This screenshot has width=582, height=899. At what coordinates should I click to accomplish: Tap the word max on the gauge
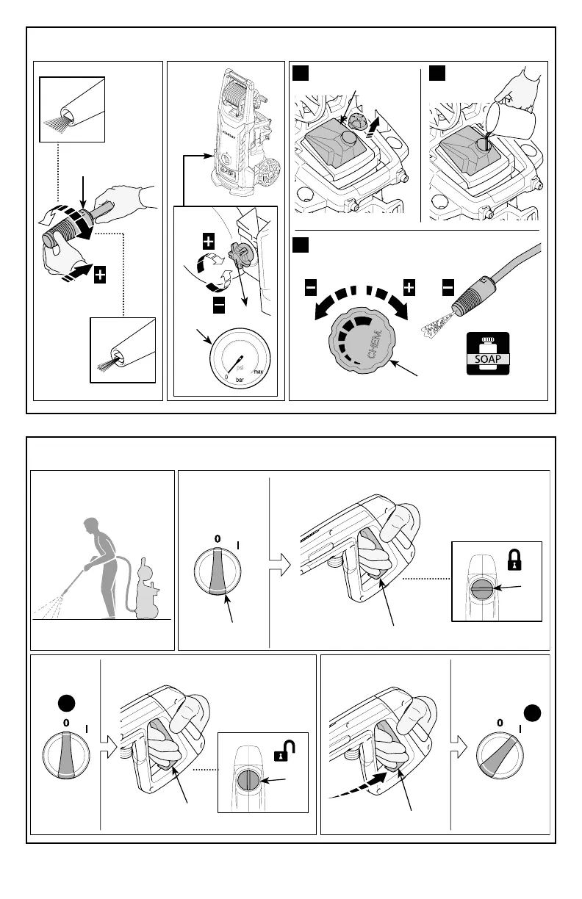point(258,372)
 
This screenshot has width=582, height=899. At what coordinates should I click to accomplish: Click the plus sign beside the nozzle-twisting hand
point(100,275)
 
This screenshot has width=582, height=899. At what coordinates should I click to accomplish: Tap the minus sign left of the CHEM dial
point(310,289)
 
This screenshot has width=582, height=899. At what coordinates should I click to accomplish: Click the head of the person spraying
point(91,527)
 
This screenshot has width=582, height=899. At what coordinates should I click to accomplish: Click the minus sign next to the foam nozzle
point(448,289)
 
